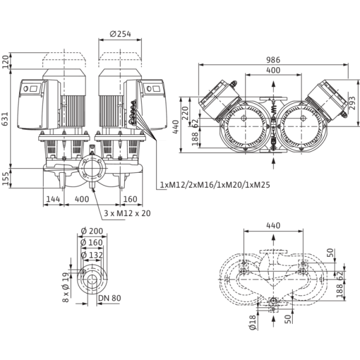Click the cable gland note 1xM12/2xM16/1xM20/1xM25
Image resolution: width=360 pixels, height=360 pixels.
pos(215,185)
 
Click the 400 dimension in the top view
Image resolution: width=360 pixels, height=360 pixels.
pos(274,71)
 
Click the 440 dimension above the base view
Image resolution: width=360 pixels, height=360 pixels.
pos(274,226)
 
